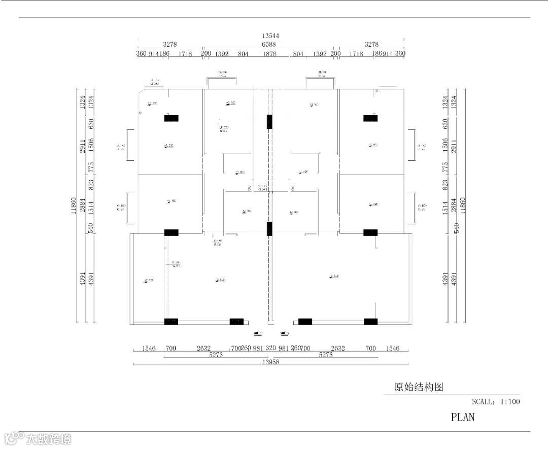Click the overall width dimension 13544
point(270,36)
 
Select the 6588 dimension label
point(269,45)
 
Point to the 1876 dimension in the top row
point(269,54)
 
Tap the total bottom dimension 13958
point(270,362)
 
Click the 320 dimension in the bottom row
point(270,349)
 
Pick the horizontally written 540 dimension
point(456,228)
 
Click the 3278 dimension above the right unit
point(371,45)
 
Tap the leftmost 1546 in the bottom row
point(149,349)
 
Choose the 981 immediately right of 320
point(284,349)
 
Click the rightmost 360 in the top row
point(400,54)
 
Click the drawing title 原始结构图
point(419,387)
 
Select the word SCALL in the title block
point(482,401)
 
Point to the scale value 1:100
point(510,401)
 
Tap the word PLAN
point(463,417)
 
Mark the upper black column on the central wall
point(270,122)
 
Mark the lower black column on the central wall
point(270,229)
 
